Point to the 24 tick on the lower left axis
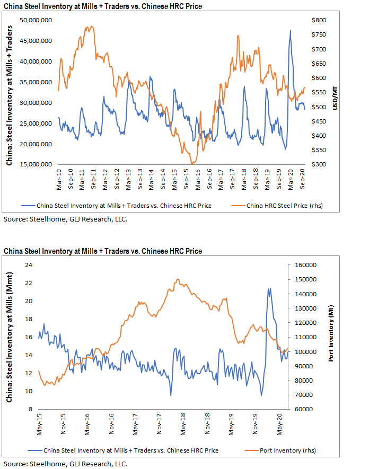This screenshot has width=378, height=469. pyautogui.click(x=29, y=265)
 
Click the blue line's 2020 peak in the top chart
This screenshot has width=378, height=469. pyautogui.click(x=290, y=30)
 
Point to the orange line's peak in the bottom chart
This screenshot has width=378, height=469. pyautogui.click(x=177, y=279)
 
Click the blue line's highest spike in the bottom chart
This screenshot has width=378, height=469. pyautogui.click(x=269, y=288)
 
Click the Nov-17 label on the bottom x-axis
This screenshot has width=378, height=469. pyautogui.click(x=160, y=423)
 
